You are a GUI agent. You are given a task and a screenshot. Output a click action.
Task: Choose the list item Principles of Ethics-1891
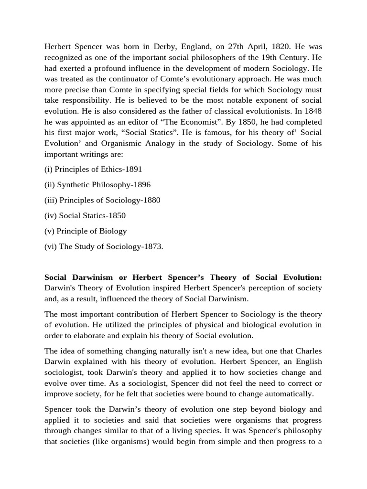coord(98,169)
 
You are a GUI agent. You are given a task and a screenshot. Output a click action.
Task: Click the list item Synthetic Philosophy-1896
coord(104,184)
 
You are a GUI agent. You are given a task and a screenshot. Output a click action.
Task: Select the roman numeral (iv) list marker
coord(50,215)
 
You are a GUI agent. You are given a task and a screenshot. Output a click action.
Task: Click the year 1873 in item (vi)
coord(151,246)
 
